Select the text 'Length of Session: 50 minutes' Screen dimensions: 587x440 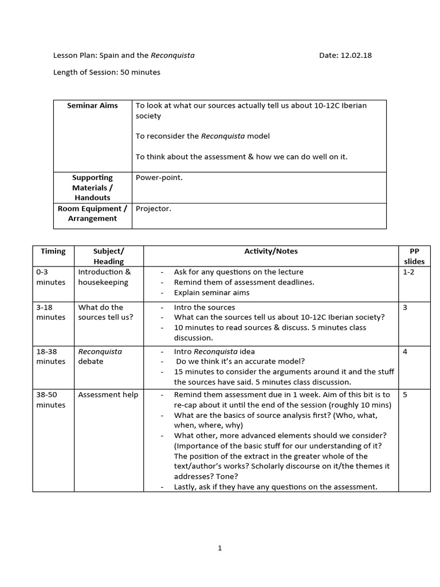pos(107,72)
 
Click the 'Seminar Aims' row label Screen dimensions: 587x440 pos(92,105)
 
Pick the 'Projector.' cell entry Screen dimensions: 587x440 pos(153,209)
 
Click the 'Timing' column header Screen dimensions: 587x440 pos(53,251)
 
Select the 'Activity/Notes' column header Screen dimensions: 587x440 pos(271,251)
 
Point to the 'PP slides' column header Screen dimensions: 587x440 pos(414,256)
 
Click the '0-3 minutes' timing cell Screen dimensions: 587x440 pos(51,277)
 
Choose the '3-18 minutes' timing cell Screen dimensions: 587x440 pos(51,312)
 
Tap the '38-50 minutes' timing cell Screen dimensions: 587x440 pos(51,400)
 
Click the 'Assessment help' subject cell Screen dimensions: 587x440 pos(108,395)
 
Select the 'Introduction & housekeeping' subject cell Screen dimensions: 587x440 pos(104,277)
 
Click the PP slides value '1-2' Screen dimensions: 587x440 pos(408,272)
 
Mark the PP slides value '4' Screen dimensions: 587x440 pos(405,351)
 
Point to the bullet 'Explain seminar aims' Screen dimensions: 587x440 pos(211,292)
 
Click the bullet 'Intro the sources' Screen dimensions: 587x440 pos(205,307)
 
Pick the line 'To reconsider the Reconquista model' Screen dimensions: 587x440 pos(202,136)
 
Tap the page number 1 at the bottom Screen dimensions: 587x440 pos(220,548)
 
